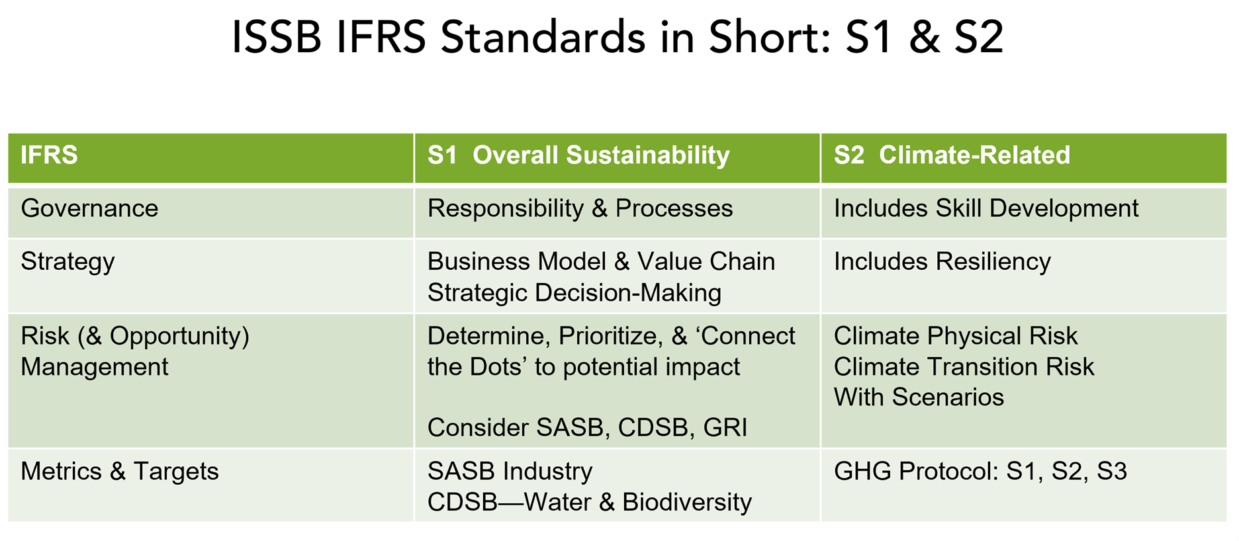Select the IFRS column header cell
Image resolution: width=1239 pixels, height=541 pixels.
211,157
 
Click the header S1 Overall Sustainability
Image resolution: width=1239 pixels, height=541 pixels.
578,155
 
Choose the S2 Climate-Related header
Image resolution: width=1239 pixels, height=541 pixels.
952,155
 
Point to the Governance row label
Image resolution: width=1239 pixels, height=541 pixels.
89,208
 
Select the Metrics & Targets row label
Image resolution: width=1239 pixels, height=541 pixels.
120,472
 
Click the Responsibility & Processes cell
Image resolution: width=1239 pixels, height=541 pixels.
580,209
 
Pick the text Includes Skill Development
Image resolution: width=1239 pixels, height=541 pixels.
986,209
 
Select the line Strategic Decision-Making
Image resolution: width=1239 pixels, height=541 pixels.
574,293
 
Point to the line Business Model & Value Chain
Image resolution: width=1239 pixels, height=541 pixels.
601,262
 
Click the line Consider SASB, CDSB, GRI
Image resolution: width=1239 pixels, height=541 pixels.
587,428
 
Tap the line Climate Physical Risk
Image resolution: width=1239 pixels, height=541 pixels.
956,337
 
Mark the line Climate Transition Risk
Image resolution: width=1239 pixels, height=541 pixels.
964,367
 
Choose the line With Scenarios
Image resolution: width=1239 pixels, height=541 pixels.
919,397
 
